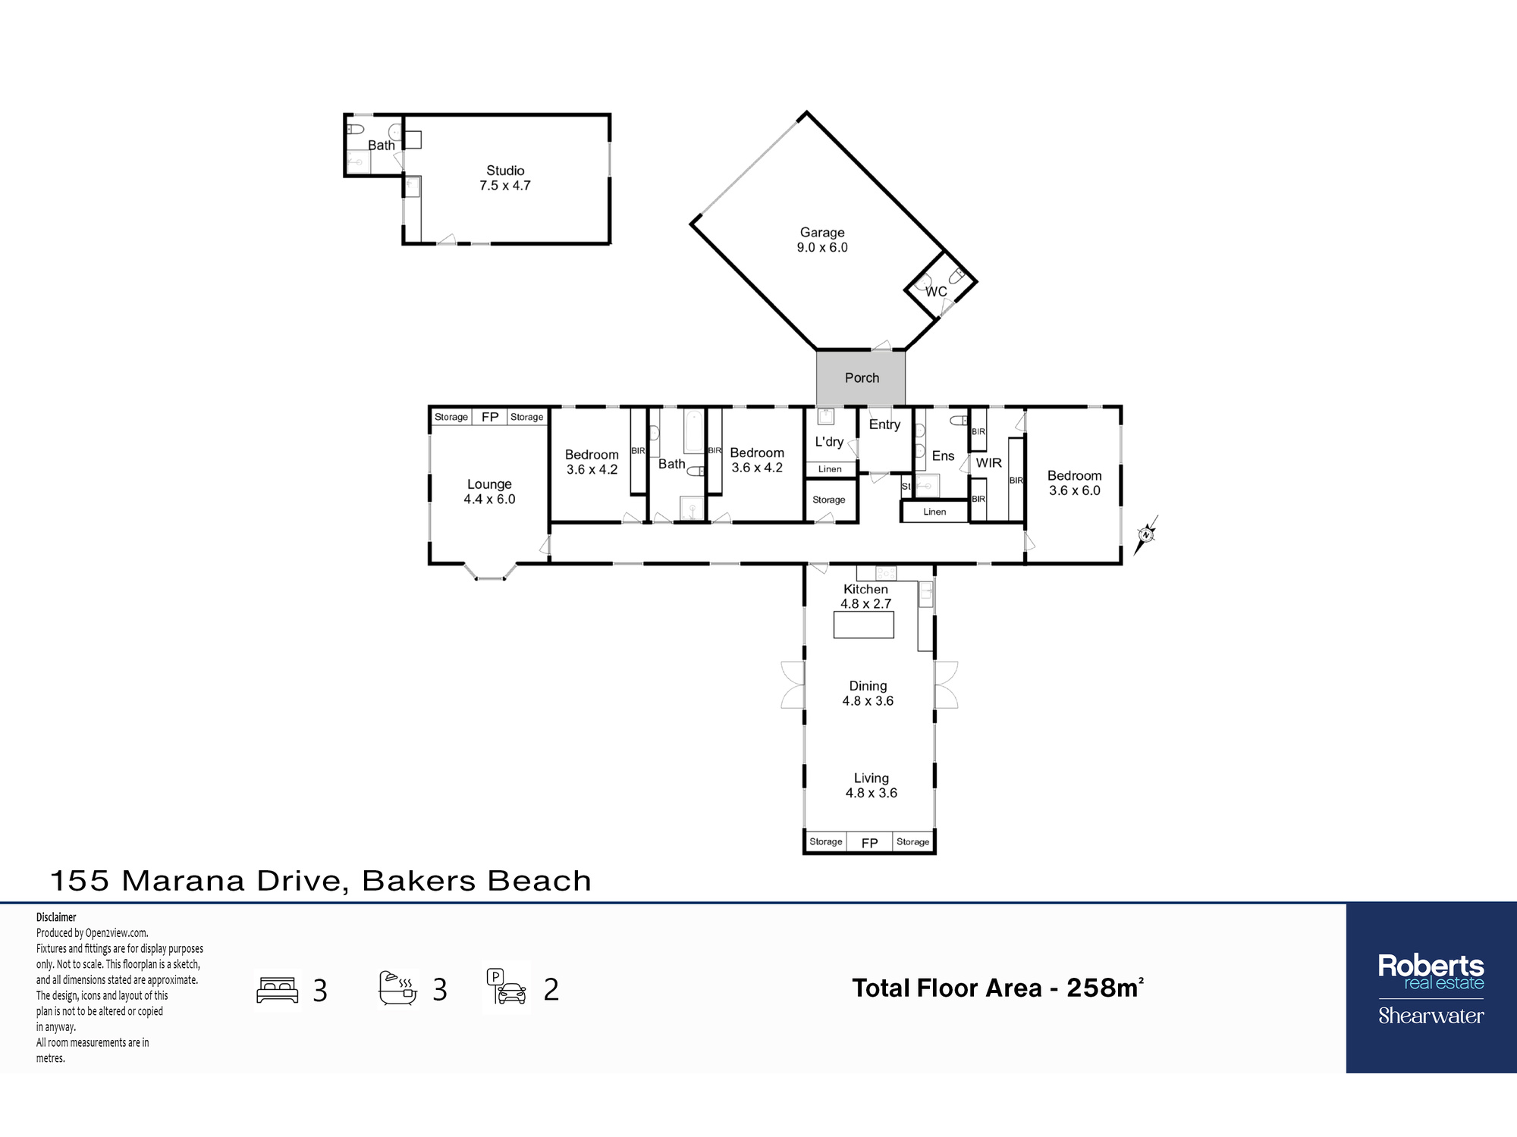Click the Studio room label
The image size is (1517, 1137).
point(505,171)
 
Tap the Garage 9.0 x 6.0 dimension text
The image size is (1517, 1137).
point(822,248)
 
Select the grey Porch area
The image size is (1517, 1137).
point(861,377)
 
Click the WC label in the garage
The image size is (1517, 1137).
point(936,292)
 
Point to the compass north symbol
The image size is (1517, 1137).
point(1146,535)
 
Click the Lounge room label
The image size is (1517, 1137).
point(489,484)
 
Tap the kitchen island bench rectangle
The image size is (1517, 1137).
point(864,625)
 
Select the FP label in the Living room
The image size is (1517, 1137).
point(869,843)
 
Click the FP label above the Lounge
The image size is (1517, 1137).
point(490,417)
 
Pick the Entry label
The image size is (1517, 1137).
point(884,424)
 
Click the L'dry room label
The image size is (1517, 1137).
point(829,442)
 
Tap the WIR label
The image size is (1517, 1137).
point(988,463)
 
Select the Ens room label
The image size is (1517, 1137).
point(943,456)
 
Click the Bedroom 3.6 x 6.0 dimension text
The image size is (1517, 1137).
point(1075,491)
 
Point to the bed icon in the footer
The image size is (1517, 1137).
point(278,990)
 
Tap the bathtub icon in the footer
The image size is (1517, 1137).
point(398,988)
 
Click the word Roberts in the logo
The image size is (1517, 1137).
point(1431,966)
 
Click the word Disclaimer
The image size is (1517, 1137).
point(56,917)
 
